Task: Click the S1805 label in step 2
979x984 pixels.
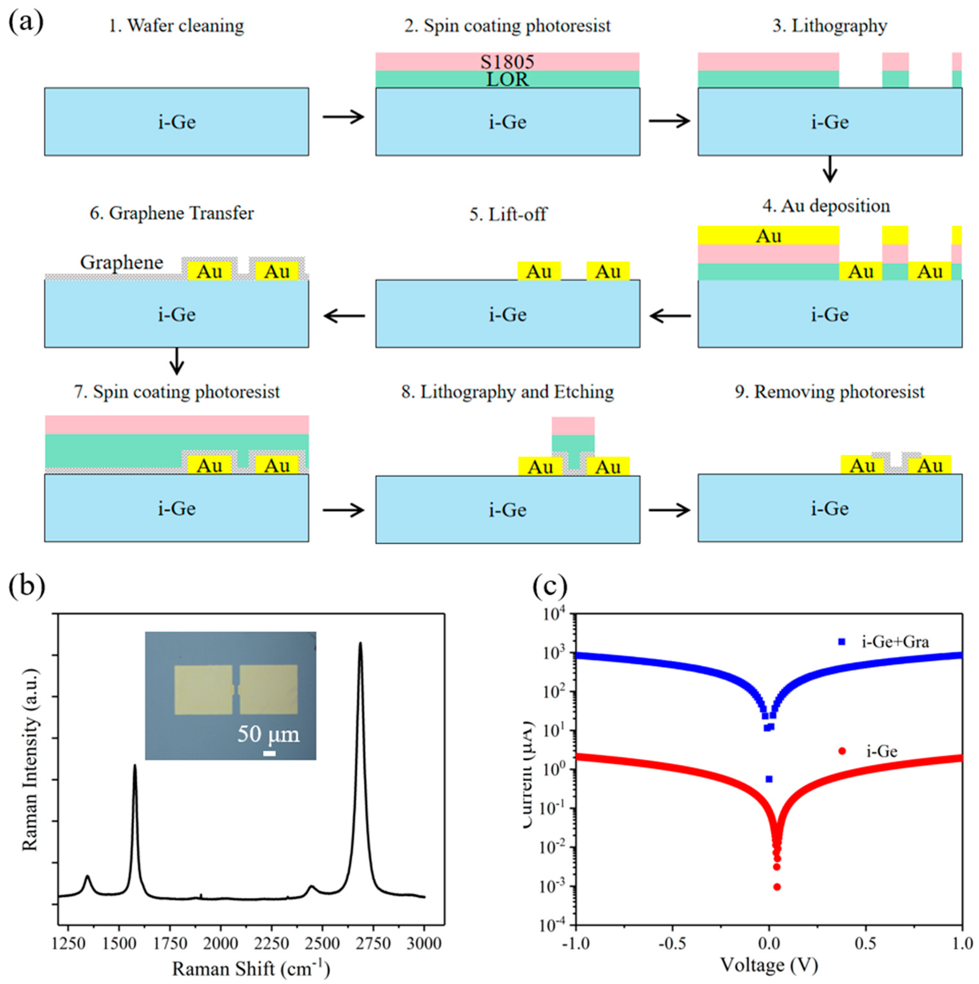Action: pos(507,62)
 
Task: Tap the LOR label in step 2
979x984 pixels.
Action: pos(507,79)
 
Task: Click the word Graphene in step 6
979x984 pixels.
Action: pos(122,262)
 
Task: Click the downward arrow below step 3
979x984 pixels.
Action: pos(830,169)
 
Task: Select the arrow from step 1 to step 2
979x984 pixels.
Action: pos(344,117)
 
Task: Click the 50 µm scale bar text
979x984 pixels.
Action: pos(268,734)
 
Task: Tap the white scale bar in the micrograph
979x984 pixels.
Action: pos(269,753)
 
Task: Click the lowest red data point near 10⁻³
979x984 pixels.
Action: pos(777,887)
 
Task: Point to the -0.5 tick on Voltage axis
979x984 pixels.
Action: pos(672,944)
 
